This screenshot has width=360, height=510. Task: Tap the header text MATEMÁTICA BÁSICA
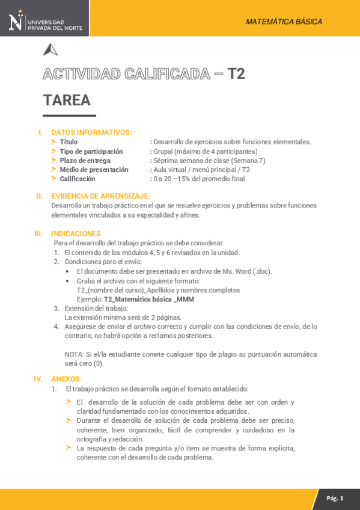(284, 22)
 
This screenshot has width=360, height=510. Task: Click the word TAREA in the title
(67, 100)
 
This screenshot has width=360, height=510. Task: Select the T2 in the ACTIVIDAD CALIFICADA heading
(236, 74)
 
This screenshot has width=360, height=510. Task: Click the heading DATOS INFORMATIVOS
(91, 132)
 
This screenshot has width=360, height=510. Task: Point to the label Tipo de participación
(91, 152)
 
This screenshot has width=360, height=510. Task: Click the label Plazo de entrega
(85, 161)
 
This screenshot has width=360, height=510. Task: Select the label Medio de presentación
(94, 170)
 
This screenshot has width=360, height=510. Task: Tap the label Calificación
(77, 179)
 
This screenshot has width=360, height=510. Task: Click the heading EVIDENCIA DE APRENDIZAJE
(100, 196)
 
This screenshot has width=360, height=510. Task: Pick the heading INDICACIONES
(76, 233)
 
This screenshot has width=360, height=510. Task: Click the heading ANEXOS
(66, 379)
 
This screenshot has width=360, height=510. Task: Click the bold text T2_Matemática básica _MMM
(149, 299)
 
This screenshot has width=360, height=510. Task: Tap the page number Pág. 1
(335, 499)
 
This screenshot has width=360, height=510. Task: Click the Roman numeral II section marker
(39, 196)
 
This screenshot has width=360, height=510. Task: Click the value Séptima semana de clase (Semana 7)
(209, 161)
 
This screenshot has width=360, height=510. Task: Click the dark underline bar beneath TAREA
(69, 115)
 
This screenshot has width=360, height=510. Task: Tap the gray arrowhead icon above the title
(50, 50)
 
